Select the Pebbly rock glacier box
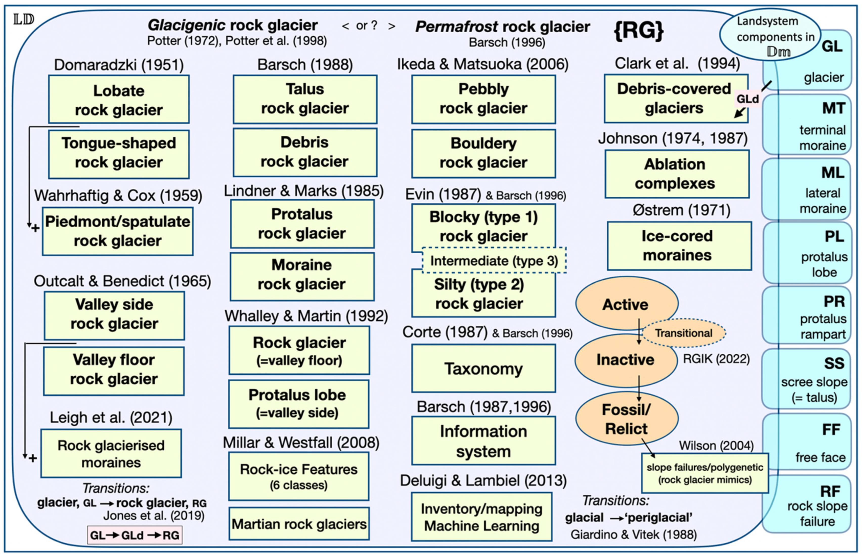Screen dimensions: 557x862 (x=483, y=99)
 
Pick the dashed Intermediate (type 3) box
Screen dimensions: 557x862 (x=494, y=260)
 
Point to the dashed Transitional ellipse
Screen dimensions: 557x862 (x=683, y=333)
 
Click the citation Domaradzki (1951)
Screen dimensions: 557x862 (x=119, y=65)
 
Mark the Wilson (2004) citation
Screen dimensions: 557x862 (x=716, y=446)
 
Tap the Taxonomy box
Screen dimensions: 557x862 (x=483, y=369)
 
